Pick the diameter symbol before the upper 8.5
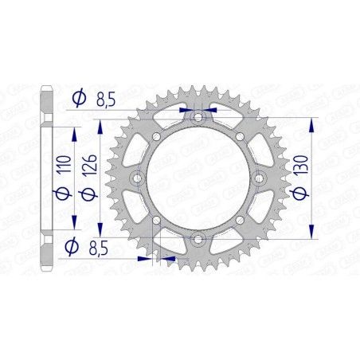point(78,99)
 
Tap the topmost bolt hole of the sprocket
point(196,118)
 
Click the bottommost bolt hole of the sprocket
point(196,238)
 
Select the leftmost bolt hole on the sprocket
point(136,178)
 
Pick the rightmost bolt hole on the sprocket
point(256,178)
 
